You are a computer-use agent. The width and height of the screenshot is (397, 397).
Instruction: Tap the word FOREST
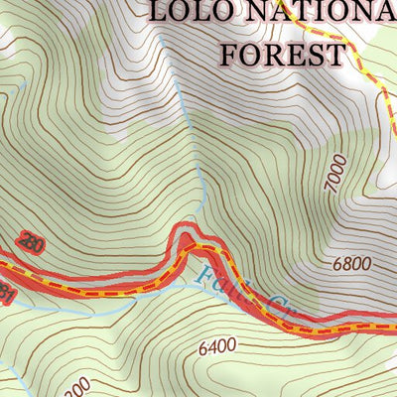tap(284, 53)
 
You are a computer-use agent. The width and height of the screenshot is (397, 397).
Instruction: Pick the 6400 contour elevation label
tap(217, 346)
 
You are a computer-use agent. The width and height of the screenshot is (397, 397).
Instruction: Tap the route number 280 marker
tap(30, 243)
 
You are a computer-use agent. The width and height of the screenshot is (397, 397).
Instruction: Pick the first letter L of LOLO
tap(159, 13)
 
